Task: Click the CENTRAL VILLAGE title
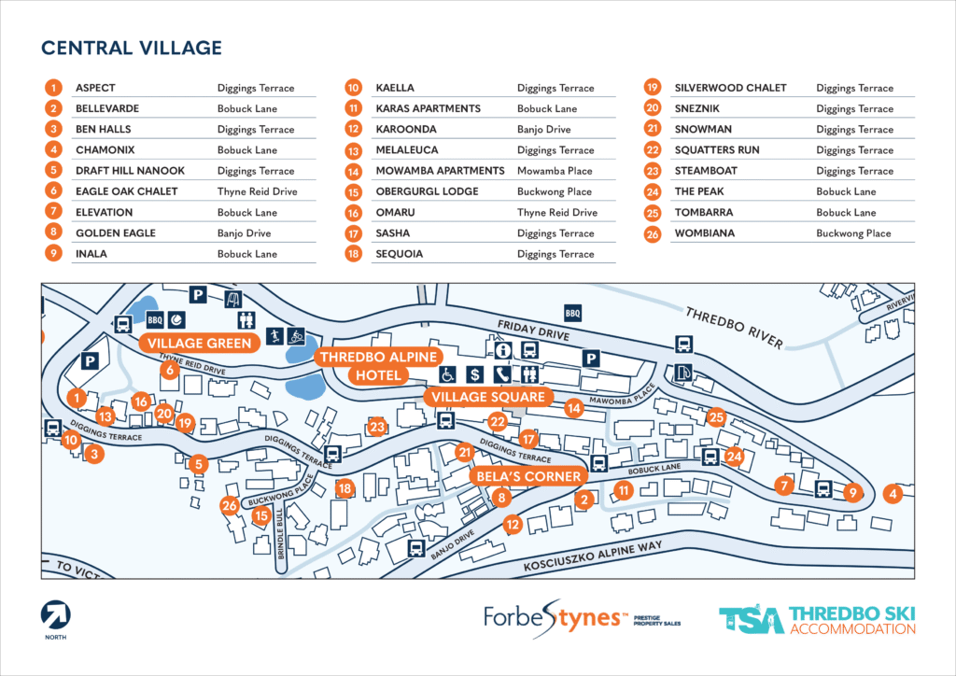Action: tap(132, 48)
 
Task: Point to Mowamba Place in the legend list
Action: tap(555, 171)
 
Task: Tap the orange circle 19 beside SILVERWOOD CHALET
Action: tap(654, 88)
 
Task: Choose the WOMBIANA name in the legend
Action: tap(704, 233)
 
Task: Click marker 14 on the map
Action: tap(573, 408)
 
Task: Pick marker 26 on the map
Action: tap(230, 506)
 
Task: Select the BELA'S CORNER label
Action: tap(527, 476)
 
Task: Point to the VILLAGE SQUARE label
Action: tap(485, 397)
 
